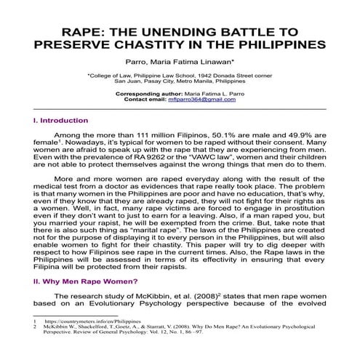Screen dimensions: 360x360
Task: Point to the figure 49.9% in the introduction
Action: pyautogui.click(x=297, y=136)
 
